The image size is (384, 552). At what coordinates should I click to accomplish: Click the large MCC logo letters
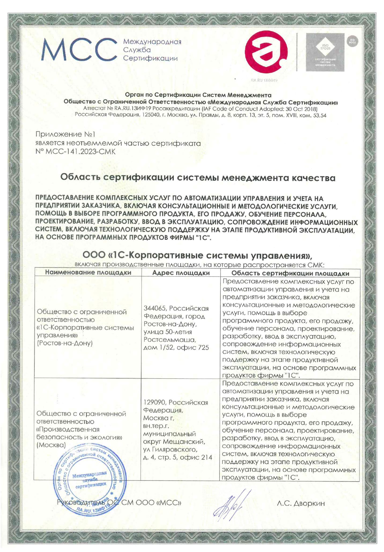coord(79,50)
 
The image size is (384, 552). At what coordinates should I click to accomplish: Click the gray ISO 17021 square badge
coord(325,52)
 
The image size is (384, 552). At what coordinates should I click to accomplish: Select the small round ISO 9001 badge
coord(353,42)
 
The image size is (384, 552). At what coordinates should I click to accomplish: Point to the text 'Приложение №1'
coord(65,134)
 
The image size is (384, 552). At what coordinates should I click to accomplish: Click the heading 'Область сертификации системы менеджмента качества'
coord(198,178)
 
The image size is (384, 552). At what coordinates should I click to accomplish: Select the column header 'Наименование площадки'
coord(88,273)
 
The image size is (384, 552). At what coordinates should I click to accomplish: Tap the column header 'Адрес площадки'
coord(181,273)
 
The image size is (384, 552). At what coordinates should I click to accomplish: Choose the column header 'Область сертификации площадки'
coord(290,273)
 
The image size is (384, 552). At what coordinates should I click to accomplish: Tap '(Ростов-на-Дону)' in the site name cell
coord(65,343)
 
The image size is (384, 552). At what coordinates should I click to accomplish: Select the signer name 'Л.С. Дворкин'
coord(301,503)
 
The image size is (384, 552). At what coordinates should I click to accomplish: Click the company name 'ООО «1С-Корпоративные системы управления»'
coord(198,255)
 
